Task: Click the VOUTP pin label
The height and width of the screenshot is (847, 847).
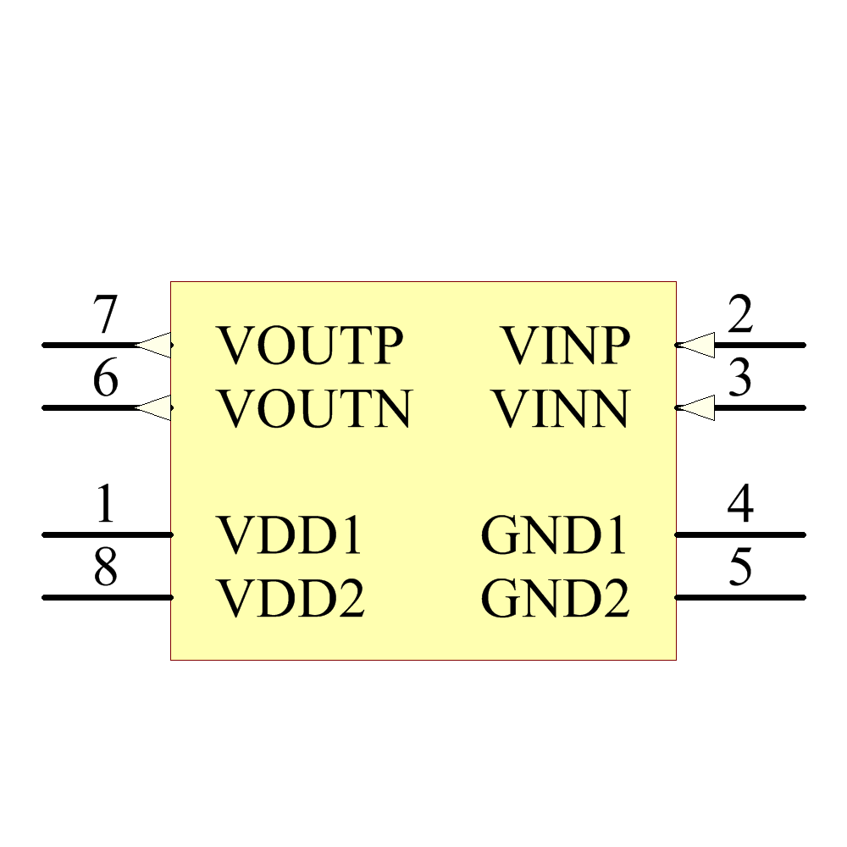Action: tap(309, 346)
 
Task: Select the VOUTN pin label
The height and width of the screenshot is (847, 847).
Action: tap(314, 408)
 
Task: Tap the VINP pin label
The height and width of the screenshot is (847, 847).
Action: tap(567, 346)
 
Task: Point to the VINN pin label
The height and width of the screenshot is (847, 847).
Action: tap(562, 408)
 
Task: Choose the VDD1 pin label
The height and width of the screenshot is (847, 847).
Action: tap(289, 534)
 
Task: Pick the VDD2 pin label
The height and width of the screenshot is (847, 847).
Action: tap(291, 597)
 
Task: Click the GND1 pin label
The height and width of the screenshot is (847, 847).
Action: tap(554, 534)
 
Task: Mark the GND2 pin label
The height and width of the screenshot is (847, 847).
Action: tap(556, 597)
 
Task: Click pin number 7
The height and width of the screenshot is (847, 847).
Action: tap(105, 314)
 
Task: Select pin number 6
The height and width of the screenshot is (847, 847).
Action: tap(105, 377)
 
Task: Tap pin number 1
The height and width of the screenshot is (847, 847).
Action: tap(105, 503)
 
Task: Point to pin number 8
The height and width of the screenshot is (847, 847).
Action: tap(105, 566)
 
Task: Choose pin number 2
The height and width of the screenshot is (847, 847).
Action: tap(740, 314)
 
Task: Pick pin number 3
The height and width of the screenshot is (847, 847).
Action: tap(740, 377)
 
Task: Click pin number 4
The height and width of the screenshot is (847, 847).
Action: tap(740, 503)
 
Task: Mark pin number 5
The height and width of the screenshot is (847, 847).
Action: tap(740, 566)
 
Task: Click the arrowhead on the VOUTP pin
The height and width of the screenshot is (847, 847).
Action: tap(152, 346)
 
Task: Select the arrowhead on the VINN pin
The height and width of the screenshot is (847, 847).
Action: tap(695, 408)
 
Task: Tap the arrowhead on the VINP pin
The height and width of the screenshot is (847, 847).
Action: tap(695, 346)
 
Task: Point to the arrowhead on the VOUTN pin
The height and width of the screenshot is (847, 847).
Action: tap(152, 408)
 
